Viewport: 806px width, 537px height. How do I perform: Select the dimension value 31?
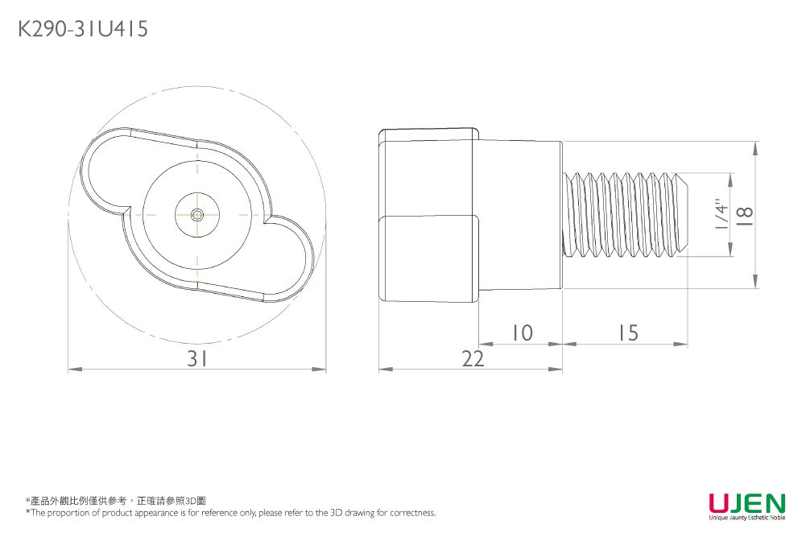coord(197,359)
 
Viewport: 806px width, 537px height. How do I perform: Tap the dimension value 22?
coord(473,359)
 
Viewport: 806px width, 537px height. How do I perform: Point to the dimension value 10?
coord(522,333)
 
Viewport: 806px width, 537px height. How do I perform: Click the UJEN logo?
coord(746,502)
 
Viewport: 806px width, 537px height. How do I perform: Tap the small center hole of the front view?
coord(196,214)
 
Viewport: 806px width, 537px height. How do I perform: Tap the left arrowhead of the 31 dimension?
coord(72,370)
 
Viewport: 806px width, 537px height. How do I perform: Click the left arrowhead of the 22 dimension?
coord(384,370)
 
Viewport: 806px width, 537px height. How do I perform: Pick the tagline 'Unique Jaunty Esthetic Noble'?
coord(746,518)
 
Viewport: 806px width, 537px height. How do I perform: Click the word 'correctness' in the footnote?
coord(411,513)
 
